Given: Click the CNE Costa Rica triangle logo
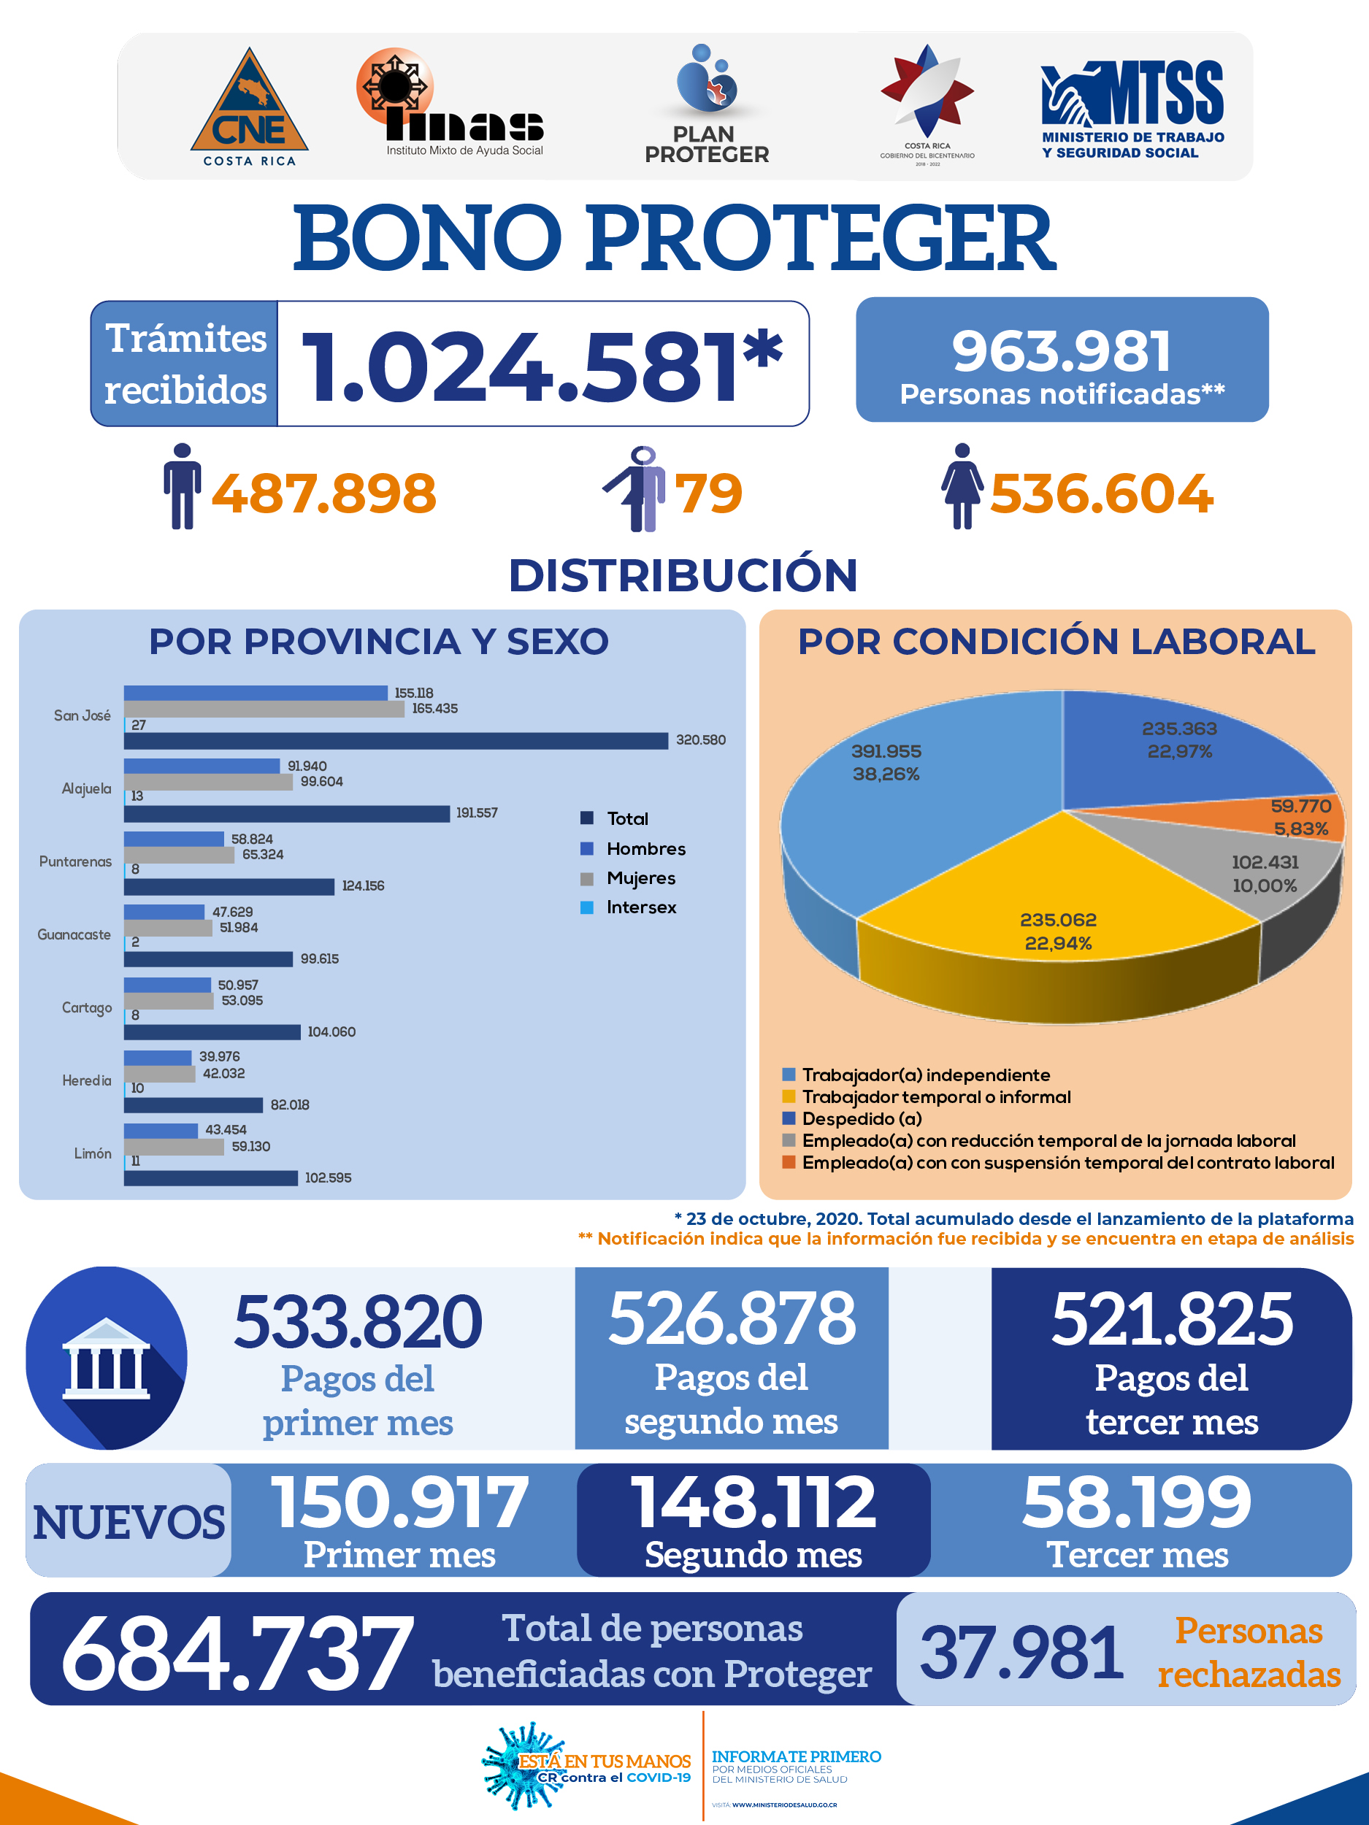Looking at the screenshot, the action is pos(249,107).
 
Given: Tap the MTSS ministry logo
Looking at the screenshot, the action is pos(1132,109).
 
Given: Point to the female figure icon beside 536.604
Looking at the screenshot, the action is pos(962,486).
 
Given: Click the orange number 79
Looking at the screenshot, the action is pos(709,493).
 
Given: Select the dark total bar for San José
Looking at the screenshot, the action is pos(396,741).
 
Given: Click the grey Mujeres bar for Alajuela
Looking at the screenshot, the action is pos(209,781).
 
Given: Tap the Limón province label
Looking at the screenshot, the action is pos(93,1153).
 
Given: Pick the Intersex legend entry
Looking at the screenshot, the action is pos(628,907).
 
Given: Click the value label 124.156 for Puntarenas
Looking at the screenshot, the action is pos(363,885).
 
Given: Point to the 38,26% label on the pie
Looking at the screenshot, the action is pos(886,774).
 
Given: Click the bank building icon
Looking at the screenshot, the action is pos(107,1359).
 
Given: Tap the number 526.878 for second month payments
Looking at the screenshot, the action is pos(732,1318).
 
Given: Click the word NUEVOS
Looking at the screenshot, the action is pos(129,1522).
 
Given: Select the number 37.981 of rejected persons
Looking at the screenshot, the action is pos(1021,1653).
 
